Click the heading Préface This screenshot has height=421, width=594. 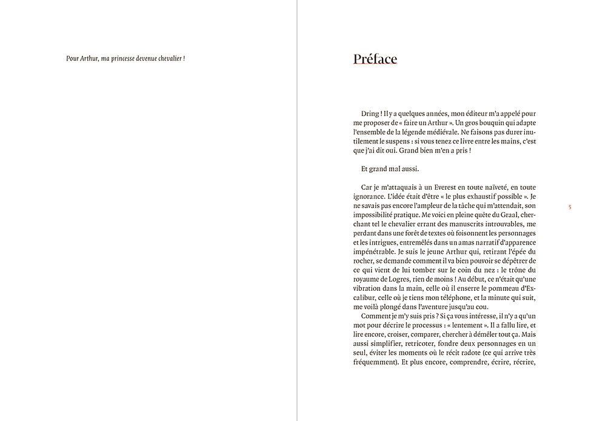(x=375, y=59)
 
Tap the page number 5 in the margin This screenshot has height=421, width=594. (x=570, y=207)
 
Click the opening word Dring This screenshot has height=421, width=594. (x=370, y=113)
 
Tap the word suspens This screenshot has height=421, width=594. (x=402, y=141)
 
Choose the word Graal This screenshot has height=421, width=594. (x=494, y=214)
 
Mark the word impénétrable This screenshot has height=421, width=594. (x=373, y=251)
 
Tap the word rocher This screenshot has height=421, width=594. (x=364, y=260)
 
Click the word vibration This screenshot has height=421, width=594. (x=369, y=288)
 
